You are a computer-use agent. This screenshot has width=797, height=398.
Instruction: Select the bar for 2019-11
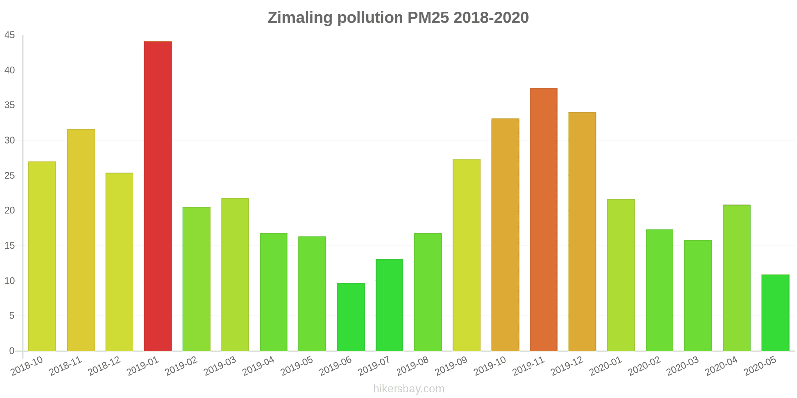tap(543, 219)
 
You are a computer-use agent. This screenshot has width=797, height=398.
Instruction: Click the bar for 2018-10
tap(42, 256)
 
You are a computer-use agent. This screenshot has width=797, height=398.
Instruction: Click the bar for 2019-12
tap(582, 231)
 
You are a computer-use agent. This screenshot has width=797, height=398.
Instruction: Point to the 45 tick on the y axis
tap(10, 35)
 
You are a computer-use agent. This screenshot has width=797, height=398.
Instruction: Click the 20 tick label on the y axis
tap(10, 210)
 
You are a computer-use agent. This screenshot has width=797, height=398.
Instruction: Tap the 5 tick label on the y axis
tap(12, 316)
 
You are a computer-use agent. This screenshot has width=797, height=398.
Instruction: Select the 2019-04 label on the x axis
tap(258, 366)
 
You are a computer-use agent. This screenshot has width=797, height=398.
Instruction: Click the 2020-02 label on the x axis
tap(644, 366)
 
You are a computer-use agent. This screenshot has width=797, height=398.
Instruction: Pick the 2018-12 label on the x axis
tap(104, 366)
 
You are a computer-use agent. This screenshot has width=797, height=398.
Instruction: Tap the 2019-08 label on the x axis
tap(412, 366)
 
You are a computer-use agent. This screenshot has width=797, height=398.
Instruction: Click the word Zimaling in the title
tap(300, 18)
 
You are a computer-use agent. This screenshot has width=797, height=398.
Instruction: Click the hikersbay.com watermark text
tap(408, 389)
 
